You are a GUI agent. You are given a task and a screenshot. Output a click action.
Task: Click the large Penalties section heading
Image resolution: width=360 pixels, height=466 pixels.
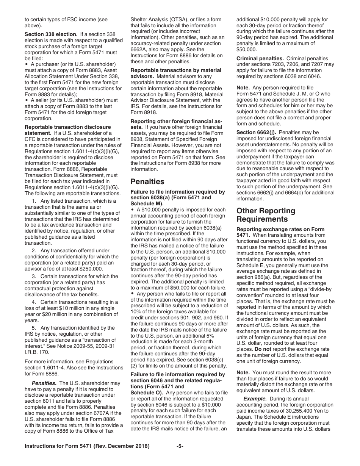click(147, 181)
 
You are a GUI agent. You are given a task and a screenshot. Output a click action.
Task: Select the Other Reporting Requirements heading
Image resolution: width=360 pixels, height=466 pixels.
click(266, 215)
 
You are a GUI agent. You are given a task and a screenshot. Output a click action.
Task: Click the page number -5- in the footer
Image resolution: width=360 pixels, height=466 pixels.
click(180, 446)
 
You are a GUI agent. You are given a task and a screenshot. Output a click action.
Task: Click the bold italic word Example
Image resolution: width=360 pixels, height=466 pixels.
click(255, 399)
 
